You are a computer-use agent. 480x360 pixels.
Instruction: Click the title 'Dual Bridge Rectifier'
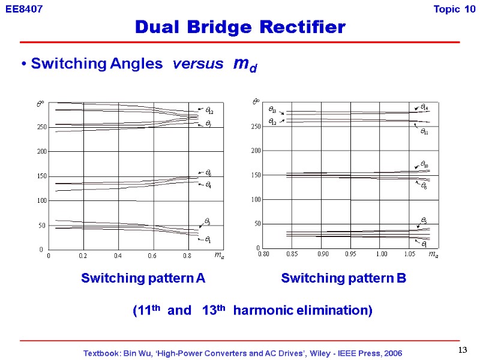tap(240, 27)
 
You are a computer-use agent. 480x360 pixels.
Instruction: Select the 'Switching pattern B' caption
tap(343, 278)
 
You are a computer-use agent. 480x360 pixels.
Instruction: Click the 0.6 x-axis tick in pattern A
tap(152, 256)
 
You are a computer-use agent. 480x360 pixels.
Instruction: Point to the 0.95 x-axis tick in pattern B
tap(350, 255)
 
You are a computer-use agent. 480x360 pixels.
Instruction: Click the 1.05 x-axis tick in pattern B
tap(410, 255)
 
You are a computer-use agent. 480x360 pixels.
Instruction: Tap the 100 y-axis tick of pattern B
tap(255, 199)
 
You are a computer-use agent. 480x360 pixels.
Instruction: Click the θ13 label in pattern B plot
tap(272, 111)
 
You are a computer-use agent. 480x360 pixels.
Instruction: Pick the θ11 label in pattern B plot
tap(424, 131)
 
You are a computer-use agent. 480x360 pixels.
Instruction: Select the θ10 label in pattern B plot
tap(424, 164)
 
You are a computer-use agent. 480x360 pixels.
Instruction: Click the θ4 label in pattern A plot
tap(208, 185)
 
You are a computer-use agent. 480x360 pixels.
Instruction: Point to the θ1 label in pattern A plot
tap(207, 240)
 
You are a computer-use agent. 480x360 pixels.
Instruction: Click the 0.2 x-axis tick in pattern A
tap(83, 256)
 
